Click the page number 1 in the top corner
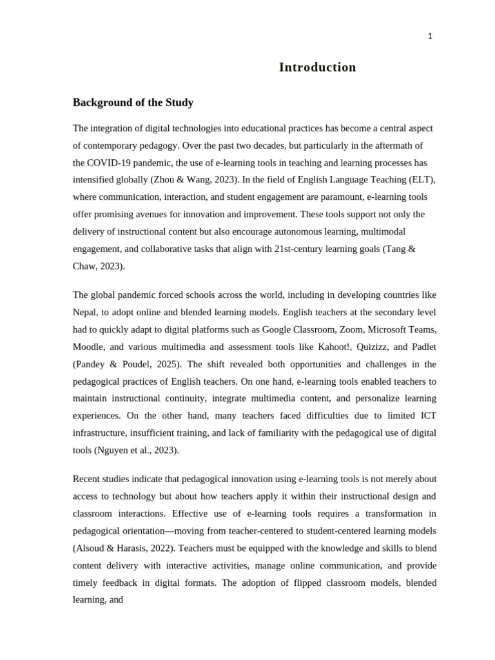click(430, 36)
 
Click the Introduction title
click(317, 67)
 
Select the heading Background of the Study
click(133, 102)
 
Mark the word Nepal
click(86, 312)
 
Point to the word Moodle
click(88, 347)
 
